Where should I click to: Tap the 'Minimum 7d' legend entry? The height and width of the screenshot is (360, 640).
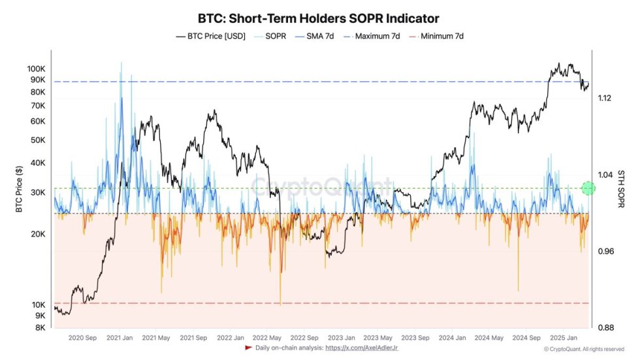tap(438, 37)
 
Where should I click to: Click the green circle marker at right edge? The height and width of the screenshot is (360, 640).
tap(588, 189)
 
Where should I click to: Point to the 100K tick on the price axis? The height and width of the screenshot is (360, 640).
tap(36, 69)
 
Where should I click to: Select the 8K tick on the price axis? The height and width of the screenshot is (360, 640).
tap(40, 328)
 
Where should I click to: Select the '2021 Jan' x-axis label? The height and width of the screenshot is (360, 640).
tap(120, 338)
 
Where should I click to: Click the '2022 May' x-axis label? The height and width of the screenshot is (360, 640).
tap(266, 338)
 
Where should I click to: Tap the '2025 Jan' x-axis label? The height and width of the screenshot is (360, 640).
tap(562, 338)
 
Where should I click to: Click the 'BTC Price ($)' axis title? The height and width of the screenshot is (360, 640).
tap(19, 189)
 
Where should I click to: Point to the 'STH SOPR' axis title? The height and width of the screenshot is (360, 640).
tap(620, 189)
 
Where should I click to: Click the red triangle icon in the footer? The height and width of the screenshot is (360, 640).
tap(248, 348)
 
